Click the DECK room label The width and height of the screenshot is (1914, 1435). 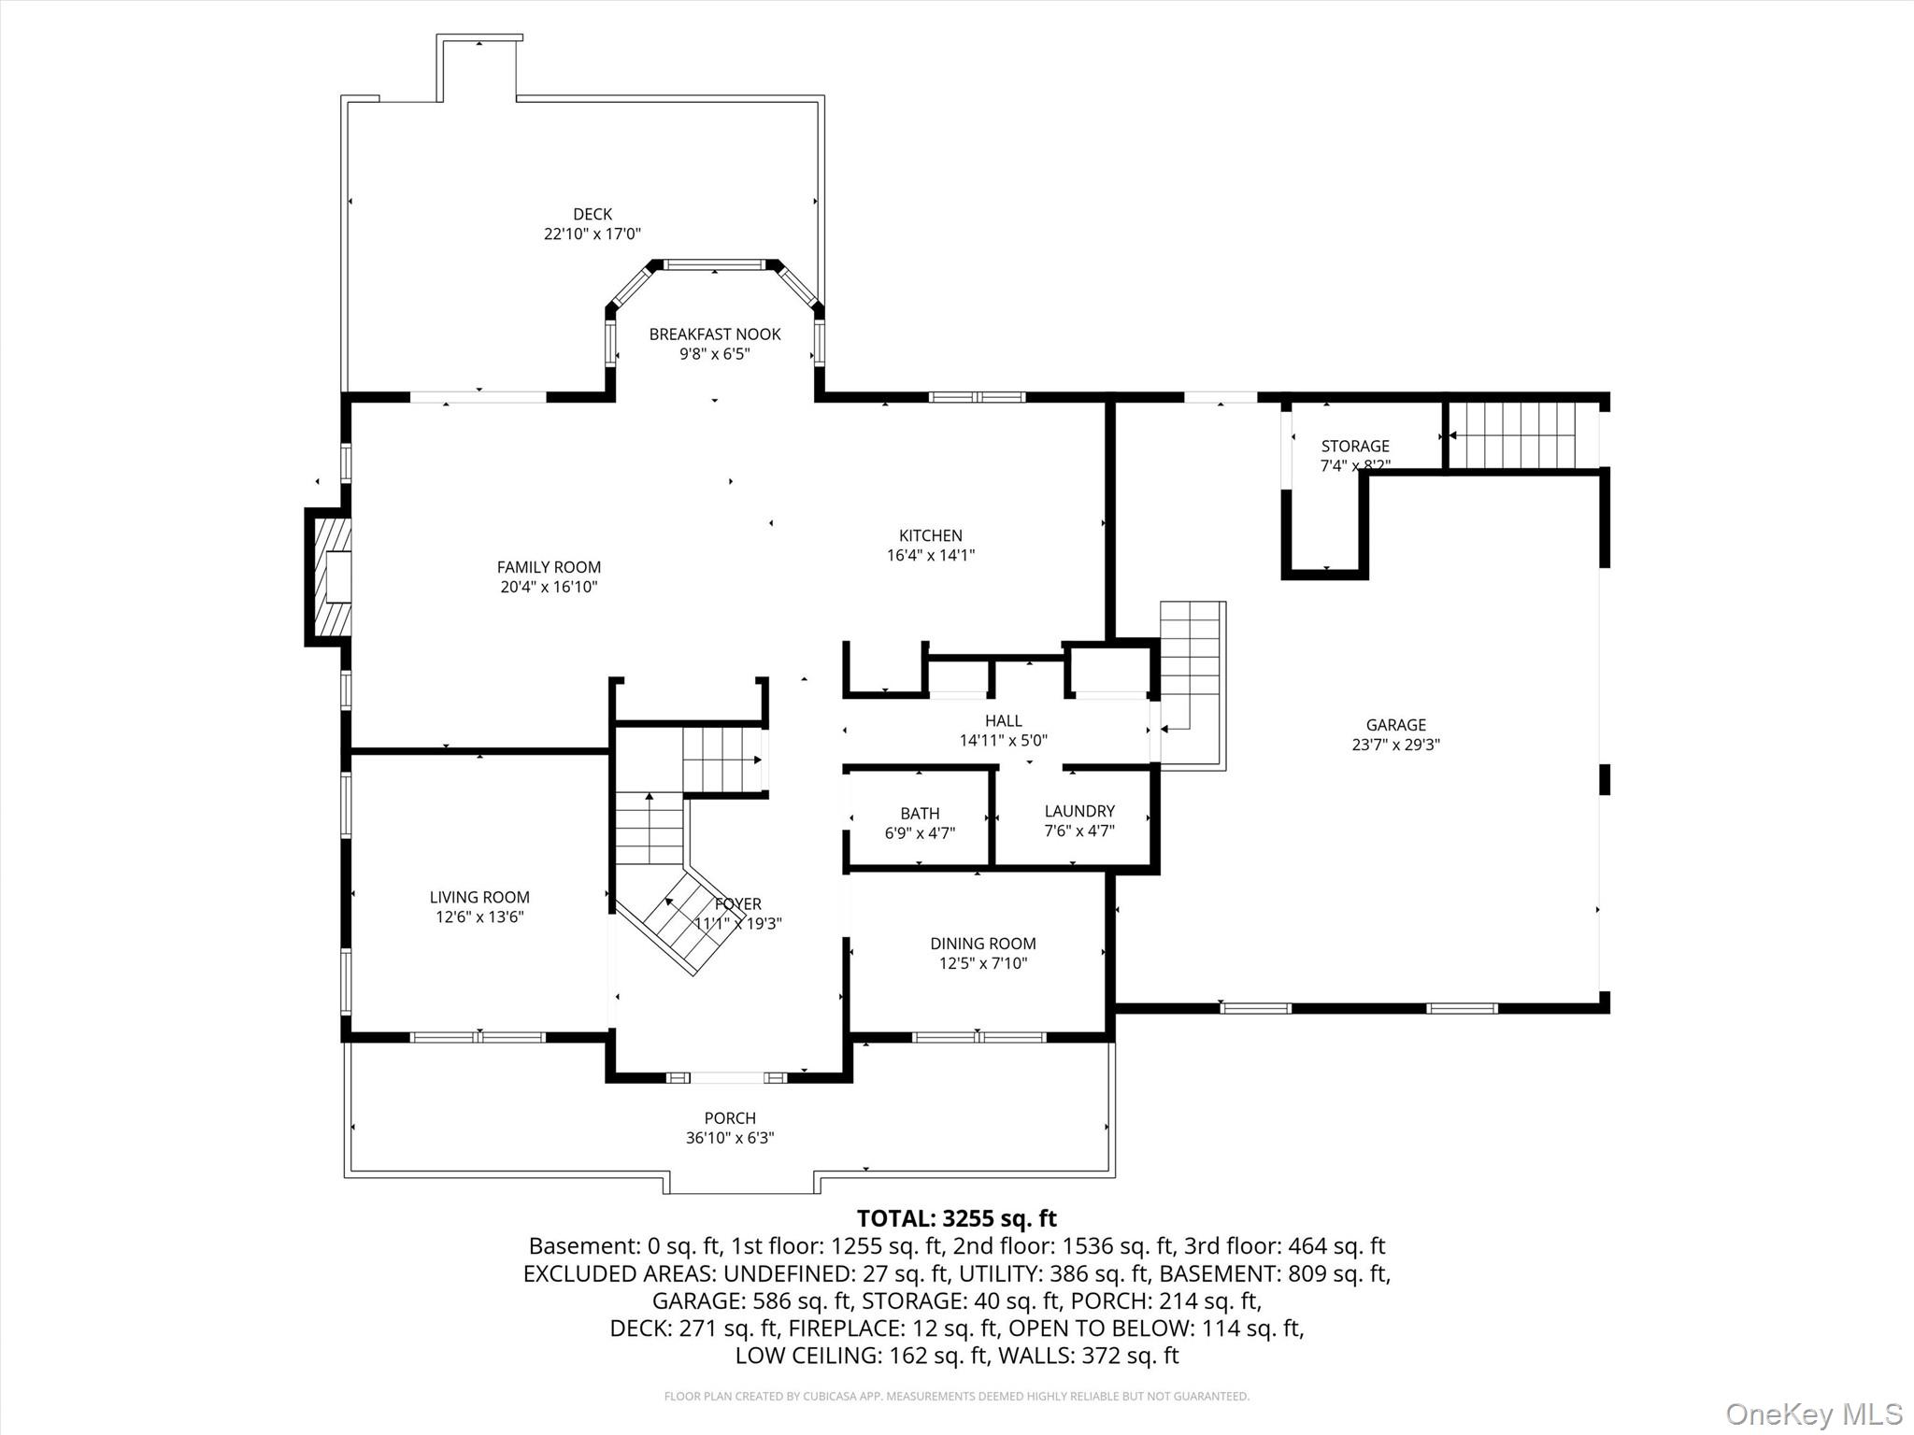[593, 214]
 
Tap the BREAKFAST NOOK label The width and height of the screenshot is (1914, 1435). [714, 334]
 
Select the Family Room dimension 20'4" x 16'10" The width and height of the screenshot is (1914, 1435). [549, 587]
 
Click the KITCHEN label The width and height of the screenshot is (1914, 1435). [930, 535]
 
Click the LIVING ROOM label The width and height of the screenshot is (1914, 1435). [479, 897]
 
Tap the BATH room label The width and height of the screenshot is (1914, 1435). [920, 813]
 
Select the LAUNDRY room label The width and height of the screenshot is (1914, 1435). [1079, 811]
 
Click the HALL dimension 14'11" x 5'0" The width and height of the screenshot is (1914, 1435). [1003, 741]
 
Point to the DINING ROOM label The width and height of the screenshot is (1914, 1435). [982, 944]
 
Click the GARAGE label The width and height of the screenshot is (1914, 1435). [1395, 724]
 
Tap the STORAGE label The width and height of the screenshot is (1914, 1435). [1354, 446]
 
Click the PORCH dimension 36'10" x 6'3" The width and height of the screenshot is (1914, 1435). [730, 1138]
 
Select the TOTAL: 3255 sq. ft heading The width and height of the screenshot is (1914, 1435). [956, 1218]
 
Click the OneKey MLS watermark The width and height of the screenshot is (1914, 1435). [1813, 1413]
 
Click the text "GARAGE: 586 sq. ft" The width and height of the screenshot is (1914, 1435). [751, 1300]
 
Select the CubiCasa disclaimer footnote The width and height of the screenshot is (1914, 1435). [956, 1396]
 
